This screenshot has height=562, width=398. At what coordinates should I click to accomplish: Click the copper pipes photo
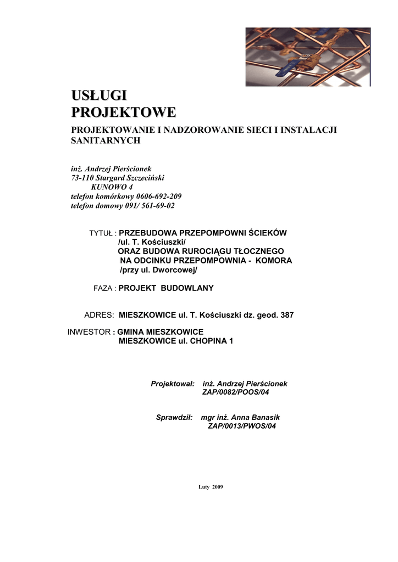tap(308, 57)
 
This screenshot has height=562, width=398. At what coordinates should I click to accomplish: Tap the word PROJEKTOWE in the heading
tap(124, 113)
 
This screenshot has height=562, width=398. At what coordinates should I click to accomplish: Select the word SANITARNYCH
tap(106, 140)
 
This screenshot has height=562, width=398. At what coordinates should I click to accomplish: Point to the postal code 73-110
tap(82, 178)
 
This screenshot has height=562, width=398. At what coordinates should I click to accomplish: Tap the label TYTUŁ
tap(101, 233)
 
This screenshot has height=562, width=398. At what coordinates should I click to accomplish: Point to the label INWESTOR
tap(88, 332)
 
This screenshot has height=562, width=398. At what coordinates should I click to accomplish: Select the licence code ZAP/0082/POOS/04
tap(236, 392)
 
